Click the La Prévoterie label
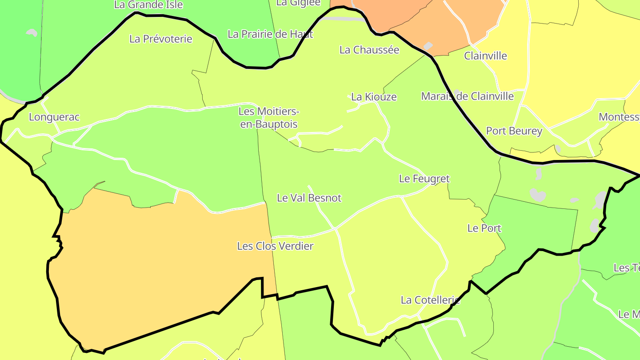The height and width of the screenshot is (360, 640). coord(161,39)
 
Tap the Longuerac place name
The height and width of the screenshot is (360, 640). coord(54,117)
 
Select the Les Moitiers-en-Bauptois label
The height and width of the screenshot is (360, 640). coord(269,118)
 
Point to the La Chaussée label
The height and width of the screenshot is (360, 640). coord(369,50)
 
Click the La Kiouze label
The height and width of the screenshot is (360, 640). coord(374,97)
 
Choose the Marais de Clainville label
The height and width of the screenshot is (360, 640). coord(467,96)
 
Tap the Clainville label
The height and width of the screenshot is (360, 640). coord(485,56)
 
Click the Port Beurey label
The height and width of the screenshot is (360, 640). coord(514,131)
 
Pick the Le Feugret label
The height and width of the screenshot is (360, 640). coord(424,179)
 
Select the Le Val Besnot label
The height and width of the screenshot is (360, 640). coord(309,198)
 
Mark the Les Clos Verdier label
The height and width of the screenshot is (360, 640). coord(275,246)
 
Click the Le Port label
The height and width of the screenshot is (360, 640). coord(484,228)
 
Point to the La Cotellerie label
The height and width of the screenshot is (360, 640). coord(430,300)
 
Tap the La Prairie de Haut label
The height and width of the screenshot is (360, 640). coord(270,34)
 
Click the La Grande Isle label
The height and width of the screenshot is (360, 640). coord(148,5)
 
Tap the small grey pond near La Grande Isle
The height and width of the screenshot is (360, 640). coord(32,32)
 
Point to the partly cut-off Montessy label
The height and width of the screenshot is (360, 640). coord(619,117)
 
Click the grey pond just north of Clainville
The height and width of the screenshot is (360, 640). coord(428,46)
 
